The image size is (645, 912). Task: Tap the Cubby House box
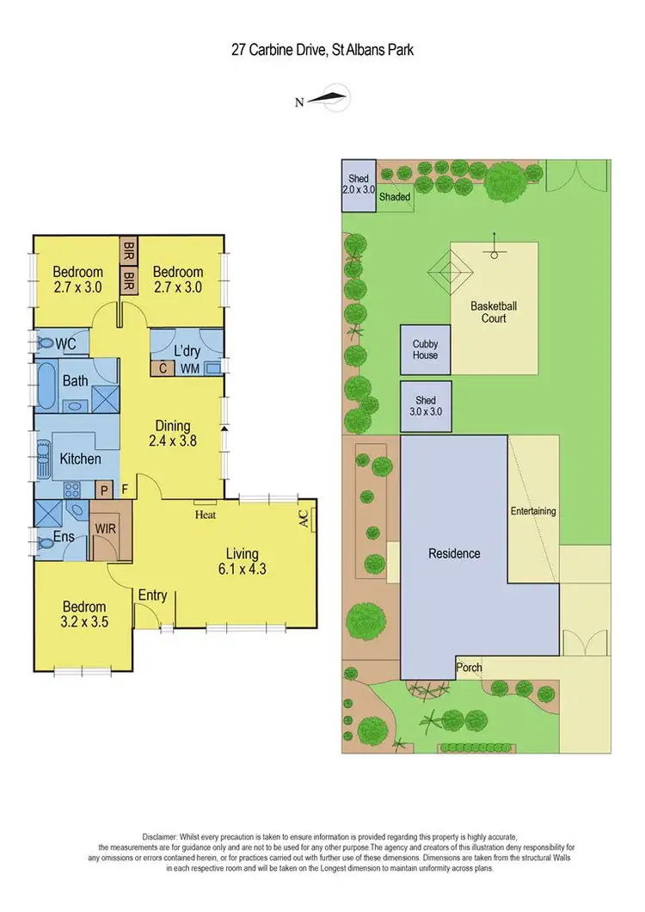point(425,349)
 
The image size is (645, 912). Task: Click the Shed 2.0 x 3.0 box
point(358,184)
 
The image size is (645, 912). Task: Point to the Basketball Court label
point(493,311)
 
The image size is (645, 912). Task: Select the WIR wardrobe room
point(106,527)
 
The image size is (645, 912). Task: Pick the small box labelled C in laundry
point(162,368)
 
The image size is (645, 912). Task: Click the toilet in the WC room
point(44,342)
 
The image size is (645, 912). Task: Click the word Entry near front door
point(152,595)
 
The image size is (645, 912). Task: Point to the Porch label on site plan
point(470,667)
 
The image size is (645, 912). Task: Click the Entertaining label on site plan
point(533,511)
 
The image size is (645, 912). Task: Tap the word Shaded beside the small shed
point(395,197)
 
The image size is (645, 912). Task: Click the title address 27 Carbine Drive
point(322,49)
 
